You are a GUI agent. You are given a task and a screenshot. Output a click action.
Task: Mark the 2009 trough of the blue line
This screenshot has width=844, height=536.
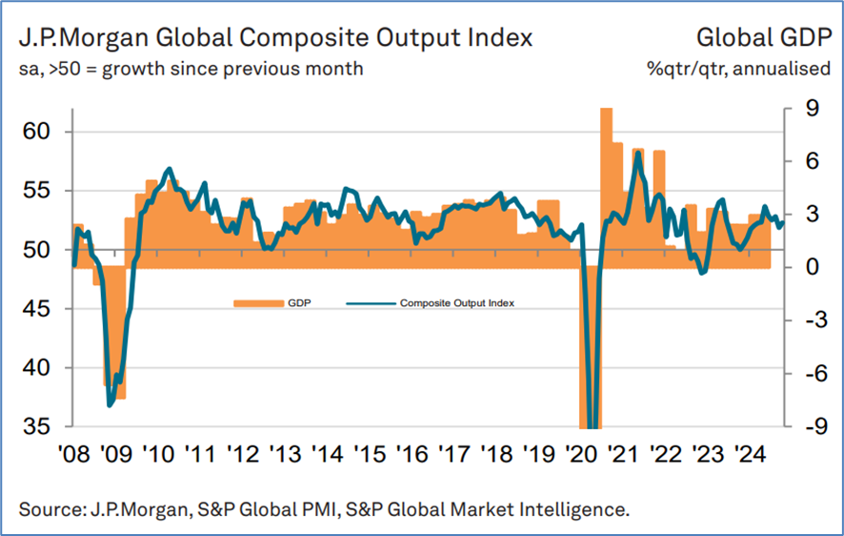point(110,404)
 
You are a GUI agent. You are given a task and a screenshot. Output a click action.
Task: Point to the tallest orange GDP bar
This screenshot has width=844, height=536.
point(606,172)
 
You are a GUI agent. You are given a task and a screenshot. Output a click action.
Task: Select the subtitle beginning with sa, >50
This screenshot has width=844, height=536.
point(188,69)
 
